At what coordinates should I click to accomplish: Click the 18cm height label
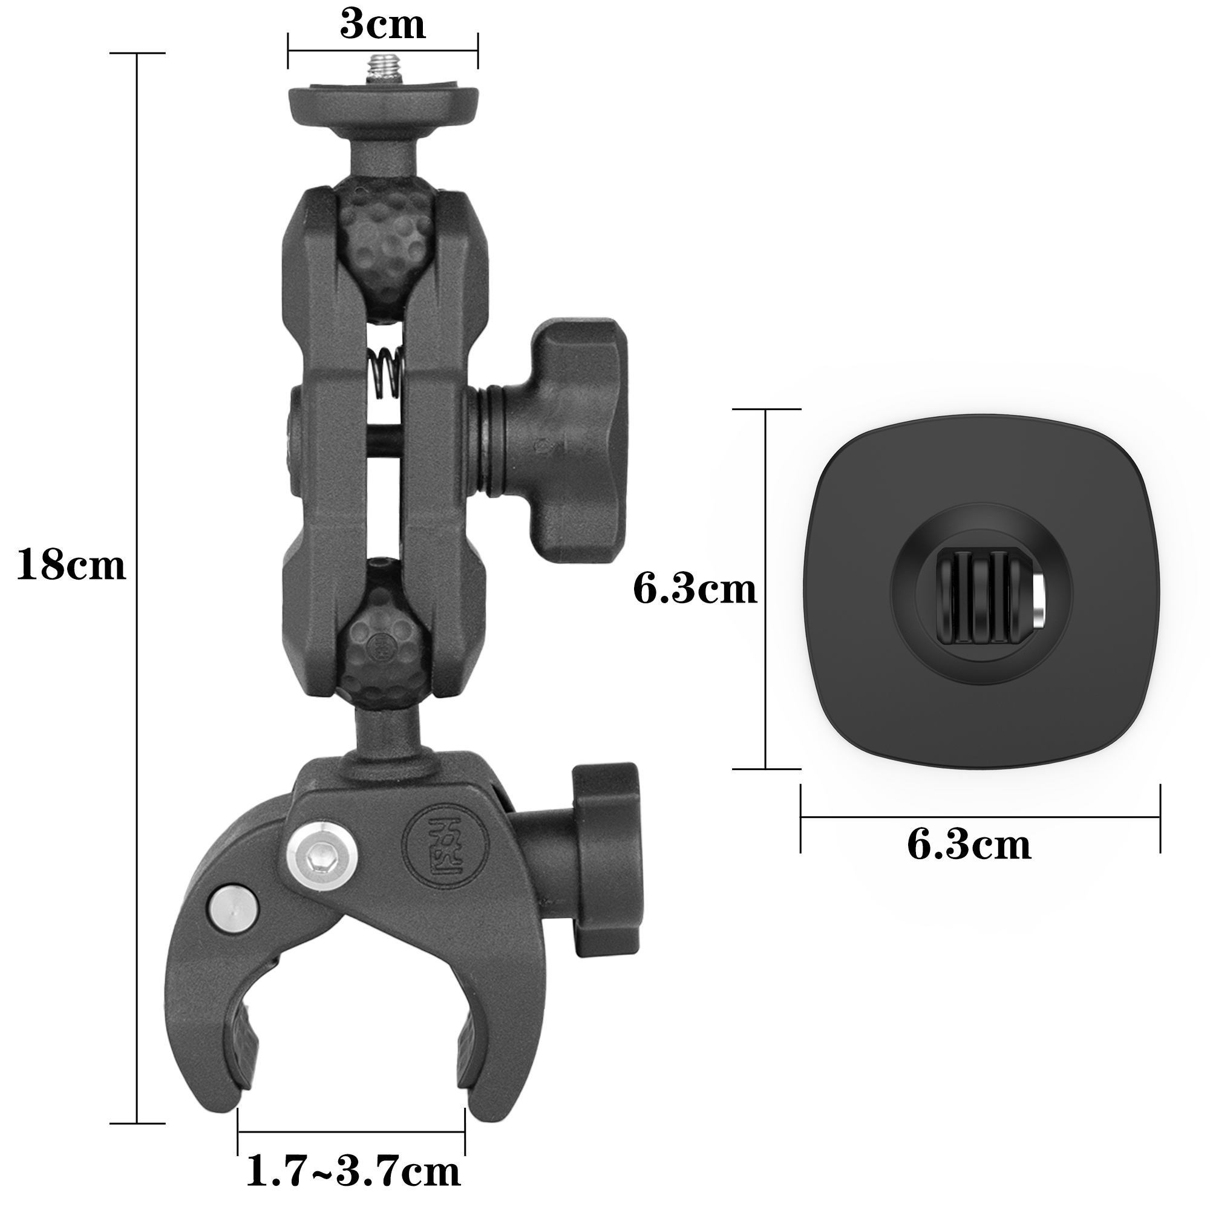[x=71, y=566]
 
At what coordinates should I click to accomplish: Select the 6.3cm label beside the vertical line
[x=695, y=590]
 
